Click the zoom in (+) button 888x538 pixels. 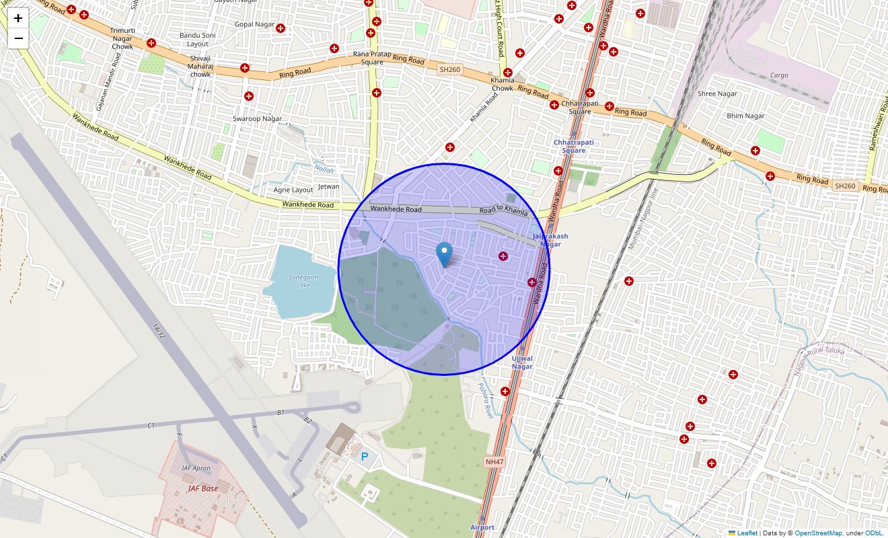tap(18, 19)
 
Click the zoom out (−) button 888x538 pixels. tap(18, 38)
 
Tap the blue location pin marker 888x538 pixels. tap(444, 254)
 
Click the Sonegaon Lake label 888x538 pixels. tap(299, 280)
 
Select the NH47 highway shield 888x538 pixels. tap(493, 461)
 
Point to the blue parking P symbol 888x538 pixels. tap(365, 457)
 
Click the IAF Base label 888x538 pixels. tap(202, 488)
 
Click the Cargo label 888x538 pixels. tap(779, 75)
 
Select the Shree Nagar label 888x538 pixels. tap(717, 94)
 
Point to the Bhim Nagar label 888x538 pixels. tap(745, 116)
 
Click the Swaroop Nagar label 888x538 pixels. tap(257, 119)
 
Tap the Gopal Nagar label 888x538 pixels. tap(254, 25)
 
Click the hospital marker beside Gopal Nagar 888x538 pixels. tap(281, 28)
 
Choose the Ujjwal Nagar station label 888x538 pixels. tap(522, 362)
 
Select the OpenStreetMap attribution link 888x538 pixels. tap(817, 533)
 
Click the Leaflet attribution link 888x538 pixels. tap(747, 533)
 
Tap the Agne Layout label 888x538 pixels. tap(293, 190)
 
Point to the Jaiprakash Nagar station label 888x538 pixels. tap(550, 240)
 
